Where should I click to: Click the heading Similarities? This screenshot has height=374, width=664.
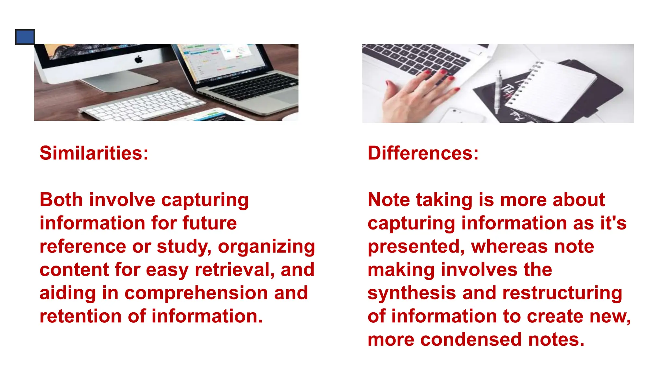point(94,153)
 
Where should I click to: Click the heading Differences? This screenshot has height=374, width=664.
point(423,153)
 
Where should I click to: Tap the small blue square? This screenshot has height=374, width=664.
point(25,37)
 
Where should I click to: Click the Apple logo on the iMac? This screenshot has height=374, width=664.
point(139,59)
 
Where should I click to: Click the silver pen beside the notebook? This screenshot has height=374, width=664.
point(498,91)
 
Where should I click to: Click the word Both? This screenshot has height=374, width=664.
point(61,200)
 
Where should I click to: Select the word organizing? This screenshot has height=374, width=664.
point(266,247)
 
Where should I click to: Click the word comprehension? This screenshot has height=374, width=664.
point(196,293)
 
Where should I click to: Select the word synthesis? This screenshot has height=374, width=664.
point(412,293)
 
